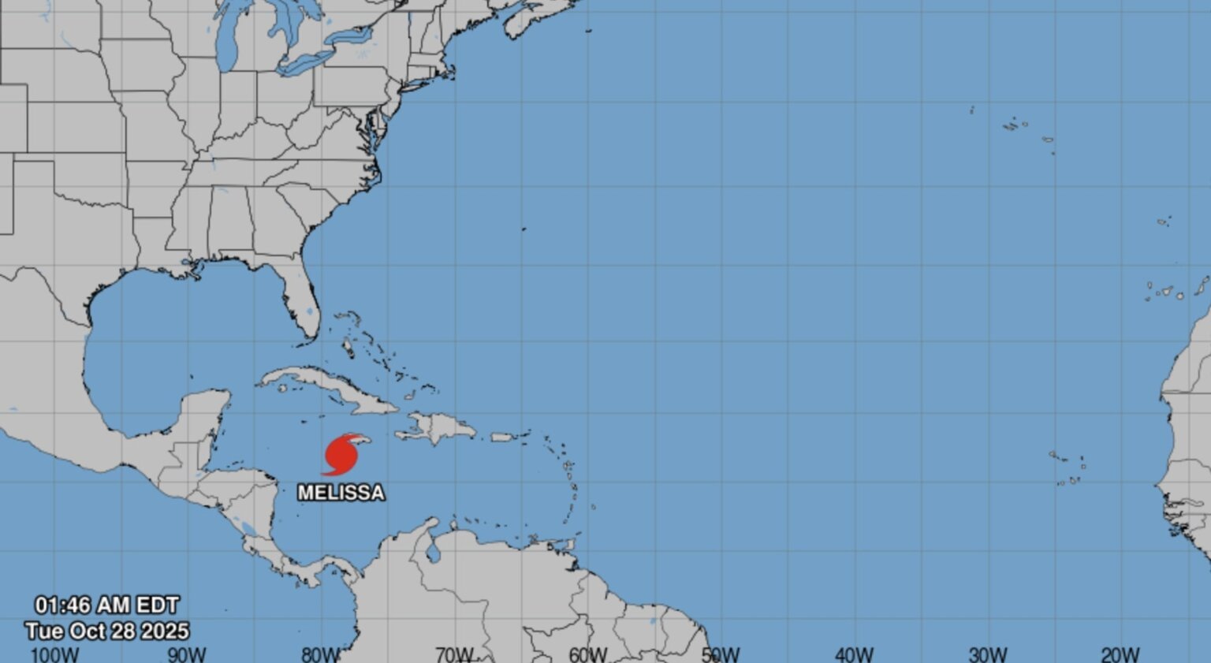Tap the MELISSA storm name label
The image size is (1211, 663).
tap(341, 493)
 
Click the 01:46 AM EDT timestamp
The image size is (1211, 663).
tap(106, 605)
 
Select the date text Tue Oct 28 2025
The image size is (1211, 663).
tap(106, 631)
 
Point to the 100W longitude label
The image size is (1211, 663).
tap(54, 654)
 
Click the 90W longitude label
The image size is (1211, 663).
tap(187, 654)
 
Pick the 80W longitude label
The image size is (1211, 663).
tap(320, 654)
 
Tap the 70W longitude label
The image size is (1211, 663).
tap(454, 654)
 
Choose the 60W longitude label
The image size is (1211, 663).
tap(587, 654)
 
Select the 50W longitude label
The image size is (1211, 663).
tap(721, 654)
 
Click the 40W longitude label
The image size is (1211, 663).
tap(854, 654)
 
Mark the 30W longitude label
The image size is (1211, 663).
tap(987, 654)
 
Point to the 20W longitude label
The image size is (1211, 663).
tap(1120, 654)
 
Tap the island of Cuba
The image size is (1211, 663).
tap(331, 388)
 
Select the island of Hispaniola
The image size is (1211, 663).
tap(438, 428)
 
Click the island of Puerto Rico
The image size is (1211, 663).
tap(502, 436)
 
